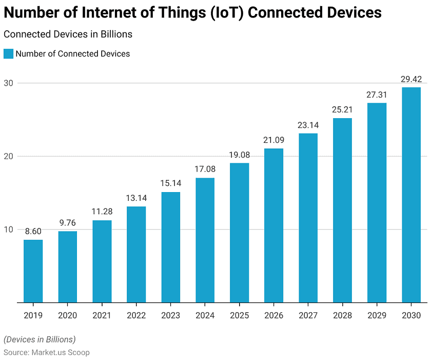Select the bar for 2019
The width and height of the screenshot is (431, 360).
[x=33, y=271]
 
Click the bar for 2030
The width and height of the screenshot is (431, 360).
[x=411, y=195]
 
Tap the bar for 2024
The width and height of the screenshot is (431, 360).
[x=205, y=240]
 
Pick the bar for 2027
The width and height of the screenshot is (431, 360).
[x=308, y=218]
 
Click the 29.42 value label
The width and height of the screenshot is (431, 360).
[x=411, y=79]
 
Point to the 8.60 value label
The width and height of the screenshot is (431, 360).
[x=33, y=232]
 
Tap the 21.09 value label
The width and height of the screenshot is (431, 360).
[x=274, y=140]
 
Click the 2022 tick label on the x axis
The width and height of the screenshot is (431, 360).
[x=136, y=315]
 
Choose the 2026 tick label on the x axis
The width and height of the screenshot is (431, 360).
[x=274, y=315]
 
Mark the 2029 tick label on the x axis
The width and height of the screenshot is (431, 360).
[x=377, y=315]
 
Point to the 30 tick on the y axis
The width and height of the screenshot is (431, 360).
[x=9, y=83]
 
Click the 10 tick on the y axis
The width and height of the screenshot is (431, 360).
[x=9, y=229]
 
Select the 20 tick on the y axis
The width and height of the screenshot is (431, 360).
[x=9, y=156]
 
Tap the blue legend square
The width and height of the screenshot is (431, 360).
[x=8, y=53]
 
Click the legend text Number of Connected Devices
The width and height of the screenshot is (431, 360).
[x=73, y=53]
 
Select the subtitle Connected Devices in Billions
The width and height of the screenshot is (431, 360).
[x=68, y=34]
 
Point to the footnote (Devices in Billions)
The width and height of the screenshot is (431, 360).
[x=40, y=339]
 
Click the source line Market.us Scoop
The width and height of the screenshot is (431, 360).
[x=47, y=353]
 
